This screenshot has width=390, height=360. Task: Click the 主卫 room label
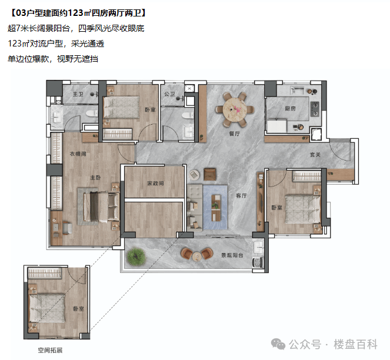(78, 94)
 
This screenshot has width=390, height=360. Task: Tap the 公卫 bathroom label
(169, 94)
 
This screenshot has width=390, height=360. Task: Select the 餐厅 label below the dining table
(234, 134)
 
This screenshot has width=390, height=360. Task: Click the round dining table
(235, 109)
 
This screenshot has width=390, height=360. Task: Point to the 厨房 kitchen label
(290, 108)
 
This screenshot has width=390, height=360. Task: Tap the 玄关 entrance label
(315, 155)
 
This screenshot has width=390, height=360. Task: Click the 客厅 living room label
(241, 196)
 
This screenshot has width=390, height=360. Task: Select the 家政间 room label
(156, 184)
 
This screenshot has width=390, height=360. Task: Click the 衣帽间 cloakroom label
(78, 154)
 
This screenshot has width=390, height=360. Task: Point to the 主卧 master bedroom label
(95, 178)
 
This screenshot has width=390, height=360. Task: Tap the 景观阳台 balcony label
(232, 255)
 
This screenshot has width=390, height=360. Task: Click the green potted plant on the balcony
(136, 256)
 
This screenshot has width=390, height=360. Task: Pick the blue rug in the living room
(215, 207)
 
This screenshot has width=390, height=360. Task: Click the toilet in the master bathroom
(92, 114)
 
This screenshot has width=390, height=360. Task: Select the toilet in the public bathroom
(188, 115)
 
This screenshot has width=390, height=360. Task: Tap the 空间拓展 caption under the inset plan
(50, 351)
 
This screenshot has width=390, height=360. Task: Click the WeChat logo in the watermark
(278, 345)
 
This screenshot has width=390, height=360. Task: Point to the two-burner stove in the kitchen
(315, 109)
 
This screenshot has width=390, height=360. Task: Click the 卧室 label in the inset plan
(79, 309)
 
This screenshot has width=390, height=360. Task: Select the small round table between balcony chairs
(196, 256)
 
